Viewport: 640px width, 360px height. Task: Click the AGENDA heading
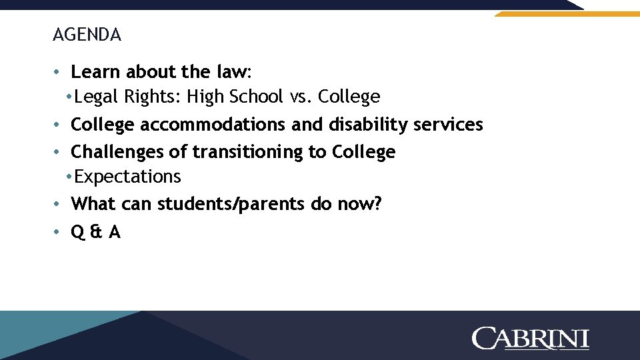(x=87, y=35)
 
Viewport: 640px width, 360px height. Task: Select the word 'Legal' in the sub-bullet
(x=97, y=97)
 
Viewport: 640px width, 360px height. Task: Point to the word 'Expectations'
(x=127, y=177)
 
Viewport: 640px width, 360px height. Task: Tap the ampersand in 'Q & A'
(x=96, y=232)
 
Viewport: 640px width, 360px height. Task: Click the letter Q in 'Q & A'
(x=78, y=232)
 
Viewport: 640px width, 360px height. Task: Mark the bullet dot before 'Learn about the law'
(x=59, y=72)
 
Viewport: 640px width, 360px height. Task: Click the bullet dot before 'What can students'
(x=59, y=203)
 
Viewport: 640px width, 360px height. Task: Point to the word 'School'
(x=256, y=97)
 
